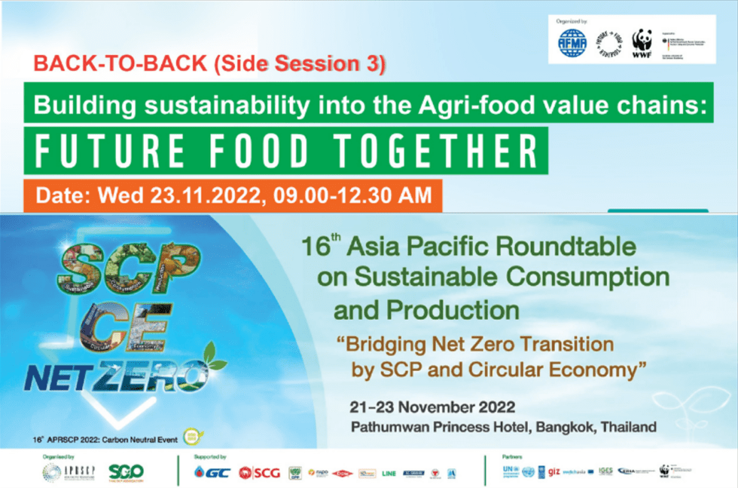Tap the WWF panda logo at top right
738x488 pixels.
[642, 44]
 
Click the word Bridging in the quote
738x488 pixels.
[381, 345]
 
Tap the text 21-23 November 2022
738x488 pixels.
[432, 407]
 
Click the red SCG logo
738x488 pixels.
[259, 472]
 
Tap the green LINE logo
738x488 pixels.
[389, 473]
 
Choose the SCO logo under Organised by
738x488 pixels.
[125, 472]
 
